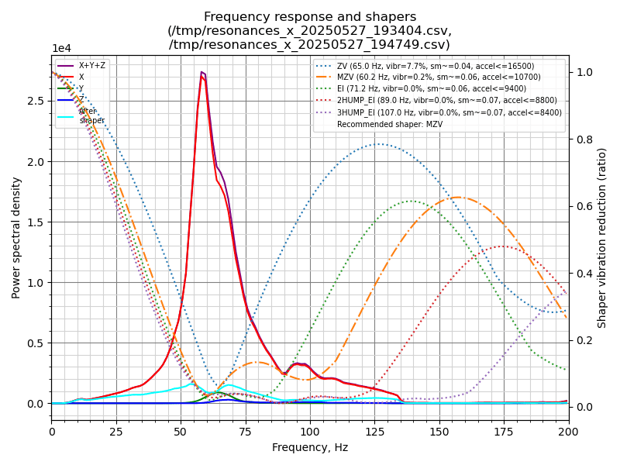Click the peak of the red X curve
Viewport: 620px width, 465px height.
[x=201, y=76]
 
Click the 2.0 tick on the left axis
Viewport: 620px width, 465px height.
[x=37, y=161]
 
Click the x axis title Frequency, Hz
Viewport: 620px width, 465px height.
[x=310, y=447]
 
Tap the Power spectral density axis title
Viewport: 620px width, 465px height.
[x=16, y=237]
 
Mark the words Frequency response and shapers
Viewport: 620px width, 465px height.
[x=310, y=17]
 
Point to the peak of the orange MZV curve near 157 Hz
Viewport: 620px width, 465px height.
[x=457, y=197]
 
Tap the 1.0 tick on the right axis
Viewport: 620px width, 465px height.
[x=584, y=72]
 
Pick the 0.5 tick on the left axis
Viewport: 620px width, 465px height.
[x=37, y=343]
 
